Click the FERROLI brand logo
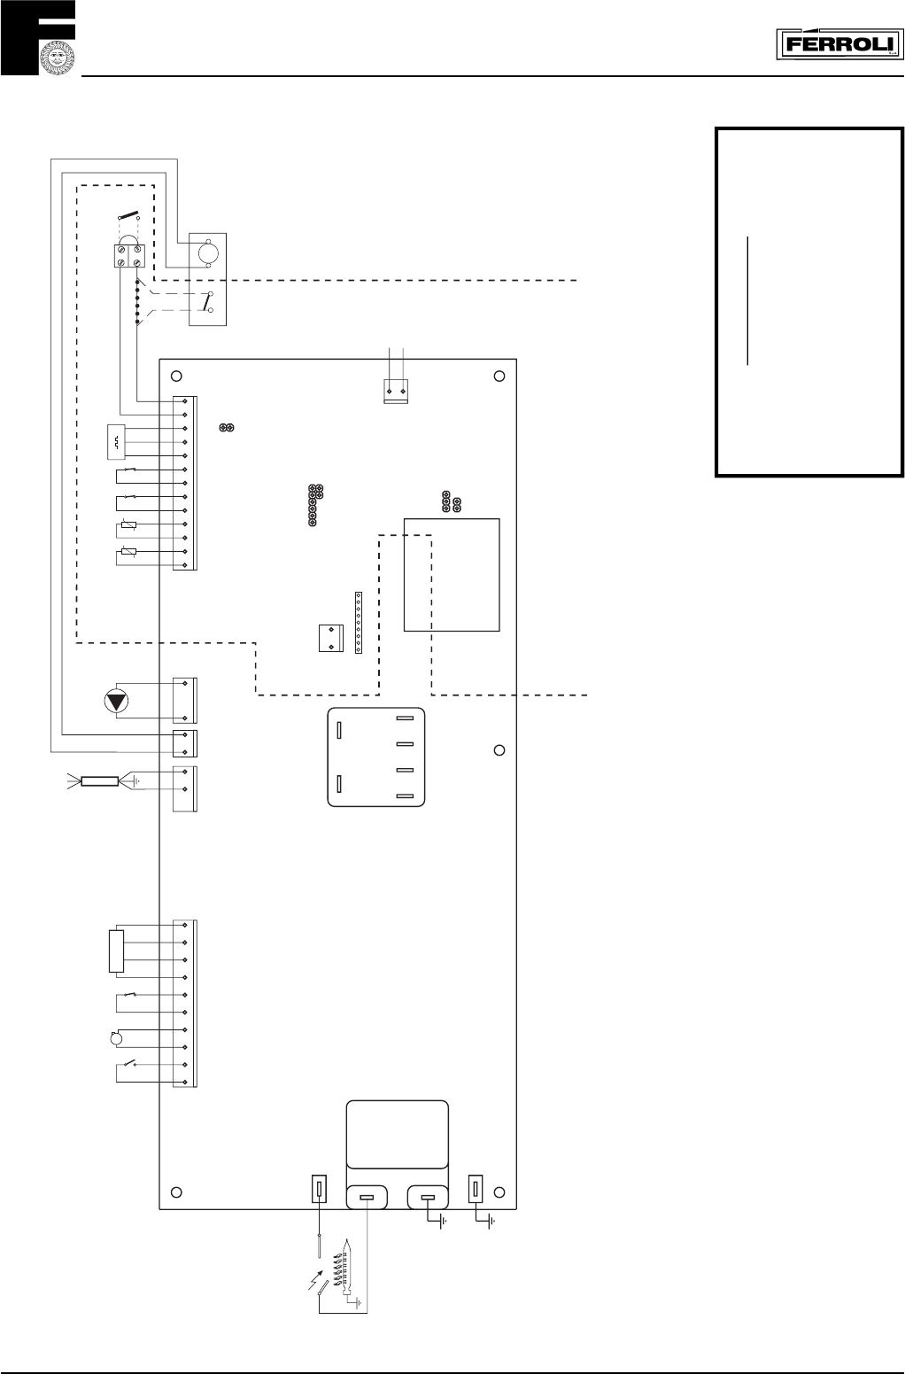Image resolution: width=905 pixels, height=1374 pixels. coord(840,44)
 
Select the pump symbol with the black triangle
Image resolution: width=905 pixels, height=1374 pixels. coord(117,701)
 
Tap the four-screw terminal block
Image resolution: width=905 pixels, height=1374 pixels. coord(130,256)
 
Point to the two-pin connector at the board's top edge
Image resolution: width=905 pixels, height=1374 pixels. coord(396,392)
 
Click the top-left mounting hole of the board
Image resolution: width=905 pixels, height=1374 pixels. coord(176,376)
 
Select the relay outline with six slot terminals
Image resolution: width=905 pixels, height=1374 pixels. coord(375,757)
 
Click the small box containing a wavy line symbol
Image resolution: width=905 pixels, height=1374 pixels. coord(116,442)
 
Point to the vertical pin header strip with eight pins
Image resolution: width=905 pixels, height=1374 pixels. coord(359,623)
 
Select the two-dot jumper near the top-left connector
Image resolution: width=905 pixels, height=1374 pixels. coord(227,427)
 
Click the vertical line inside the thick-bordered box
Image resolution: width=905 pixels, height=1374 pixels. coord(747,300)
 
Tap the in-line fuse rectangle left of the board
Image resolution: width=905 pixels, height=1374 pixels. coord(100,781)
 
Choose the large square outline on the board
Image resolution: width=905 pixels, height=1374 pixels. coord(452,575)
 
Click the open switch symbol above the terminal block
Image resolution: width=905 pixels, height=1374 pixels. coord(128,216)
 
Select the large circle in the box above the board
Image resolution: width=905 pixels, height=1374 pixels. coord(208,252)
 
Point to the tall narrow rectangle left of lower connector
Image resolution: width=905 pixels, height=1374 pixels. coord(117,951)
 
